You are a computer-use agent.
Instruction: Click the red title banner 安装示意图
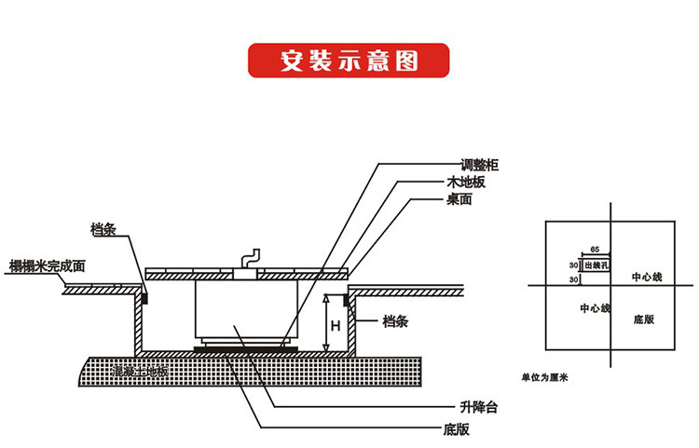pyautogui.click(x=349, y=61)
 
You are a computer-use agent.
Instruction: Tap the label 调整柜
pyautogui.click(x=481, y=164)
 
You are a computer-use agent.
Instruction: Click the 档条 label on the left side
pyautogui.click(x=103, y=229)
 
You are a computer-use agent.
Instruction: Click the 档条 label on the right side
pyautogui.click(x=395, y=321)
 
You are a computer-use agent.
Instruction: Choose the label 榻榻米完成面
pyautogui.click(x=47, y=265)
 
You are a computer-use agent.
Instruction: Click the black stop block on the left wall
pyautogui.click(x=145, y=297)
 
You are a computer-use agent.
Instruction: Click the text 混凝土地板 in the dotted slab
pyautogui.click(x=139, y=371)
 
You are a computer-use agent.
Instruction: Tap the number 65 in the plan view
pyautogui.click(x=594, y=251)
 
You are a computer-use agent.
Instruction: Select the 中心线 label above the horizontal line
pyautogui.click(x=646, y=277)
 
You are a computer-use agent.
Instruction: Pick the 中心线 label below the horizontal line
pyautogui.click(x=595, y=307)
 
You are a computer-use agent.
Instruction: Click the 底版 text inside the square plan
pyautogui.click(x=643, y=319)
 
